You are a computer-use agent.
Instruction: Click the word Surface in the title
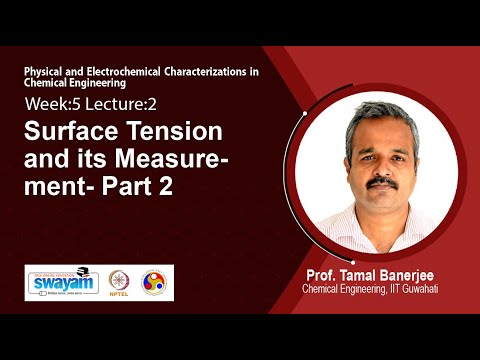pyautogui.click(x=69, y=131)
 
